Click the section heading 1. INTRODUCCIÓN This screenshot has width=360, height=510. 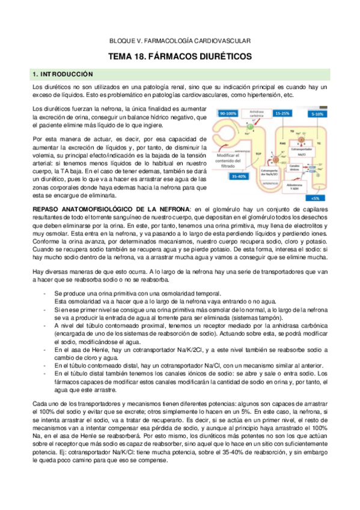tap(63, 74)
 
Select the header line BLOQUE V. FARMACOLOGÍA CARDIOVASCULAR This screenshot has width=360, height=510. tap(180, 40)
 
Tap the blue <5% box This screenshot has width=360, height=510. tap(313, 197)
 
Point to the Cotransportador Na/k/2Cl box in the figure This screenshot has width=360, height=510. tap(270, 170)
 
